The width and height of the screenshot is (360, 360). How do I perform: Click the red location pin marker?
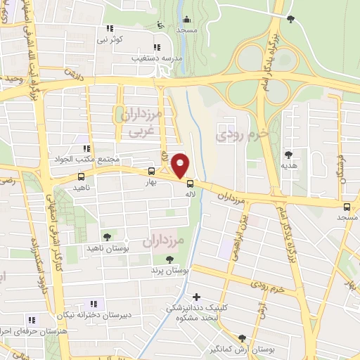[181, 165]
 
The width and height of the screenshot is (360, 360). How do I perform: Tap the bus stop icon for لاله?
[189, 184]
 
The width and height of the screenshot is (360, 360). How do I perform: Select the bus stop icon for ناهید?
[81, 177]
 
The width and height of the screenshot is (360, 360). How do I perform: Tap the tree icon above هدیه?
[288, 155]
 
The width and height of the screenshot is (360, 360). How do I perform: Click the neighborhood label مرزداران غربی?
[141, 120]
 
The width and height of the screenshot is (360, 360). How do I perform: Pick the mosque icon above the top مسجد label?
[186, 19]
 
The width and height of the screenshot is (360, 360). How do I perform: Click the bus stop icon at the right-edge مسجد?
[347, 207]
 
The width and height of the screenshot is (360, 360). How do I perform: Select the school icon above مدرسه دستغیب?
[156, 47]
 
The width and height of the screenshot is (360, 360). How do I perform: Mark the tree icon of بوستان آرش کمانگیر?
[243, 338]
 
